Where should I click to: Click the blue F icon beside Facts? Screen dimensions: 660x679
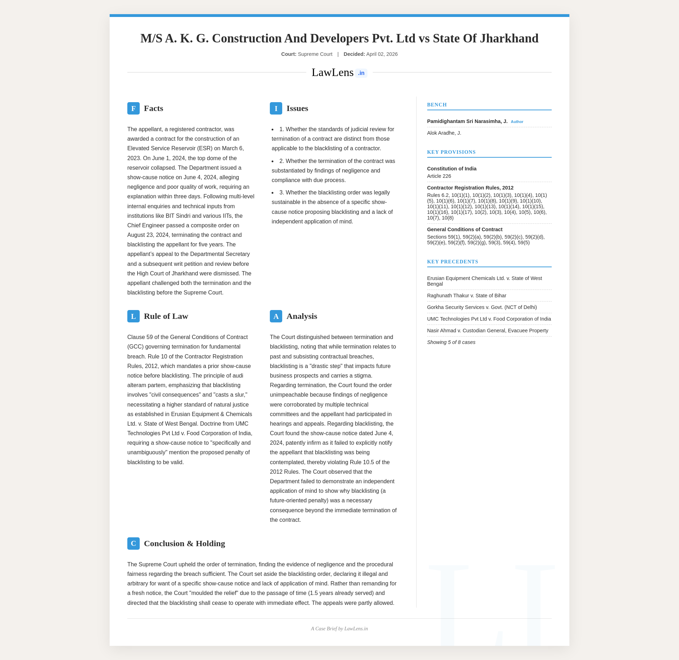click(x=133, y=109)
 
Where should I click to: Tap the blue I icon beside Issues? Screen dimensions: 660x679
click(x=276, y=109)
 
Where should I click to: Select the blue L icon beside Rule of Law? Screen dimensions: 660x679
click(x=133, y=316)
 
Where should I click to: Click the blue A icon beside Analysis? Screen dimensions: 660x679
click(x=276, y=316)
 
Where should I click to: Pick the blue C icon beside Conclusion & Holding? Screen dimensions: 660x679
click(x=133, y=544)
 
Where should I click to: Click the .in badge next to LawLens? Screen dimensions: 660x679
click(x=361, y=73)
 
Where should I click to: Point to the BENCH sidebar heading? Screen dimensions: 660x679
click(x=437, y=105)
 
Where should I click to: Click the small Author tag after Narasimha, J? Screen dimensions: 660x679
click(x=517, y=122)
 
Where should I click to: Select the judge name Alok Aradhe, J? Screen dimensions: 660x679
click(x=444, y=133)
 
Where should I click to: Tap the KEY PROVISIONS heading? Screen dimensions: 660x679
click(x=451, y=152)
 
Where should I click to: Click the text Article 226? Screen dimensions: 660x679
click(x=439, y=176)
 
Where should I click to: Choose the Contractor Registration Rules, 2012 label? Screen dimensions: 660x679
click(x=470, y=188)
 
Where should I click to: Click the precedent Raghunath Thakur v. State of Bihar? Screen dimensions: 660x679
click(x=466, y=296)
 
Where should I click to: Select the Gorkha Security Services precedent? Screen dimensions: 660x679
click(x=482, y=308)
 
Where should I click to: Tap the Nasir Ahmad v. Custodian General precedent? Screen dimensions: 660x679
click(x=487, y=331)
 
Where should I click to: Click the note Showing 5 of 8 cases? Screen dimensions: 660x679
click(x=451, y=343)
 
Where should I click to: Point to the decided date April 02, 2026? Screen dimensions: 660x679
click(x=382, y=54)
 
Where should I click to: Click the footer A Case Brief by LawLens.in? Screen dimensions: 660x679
click(x=339, y=629)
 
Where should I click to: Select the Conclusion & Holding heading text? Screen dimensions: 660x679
click(x=184, y=544)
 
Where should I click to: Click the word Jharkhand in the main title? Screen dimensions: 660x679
click(x=509, y=39)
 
